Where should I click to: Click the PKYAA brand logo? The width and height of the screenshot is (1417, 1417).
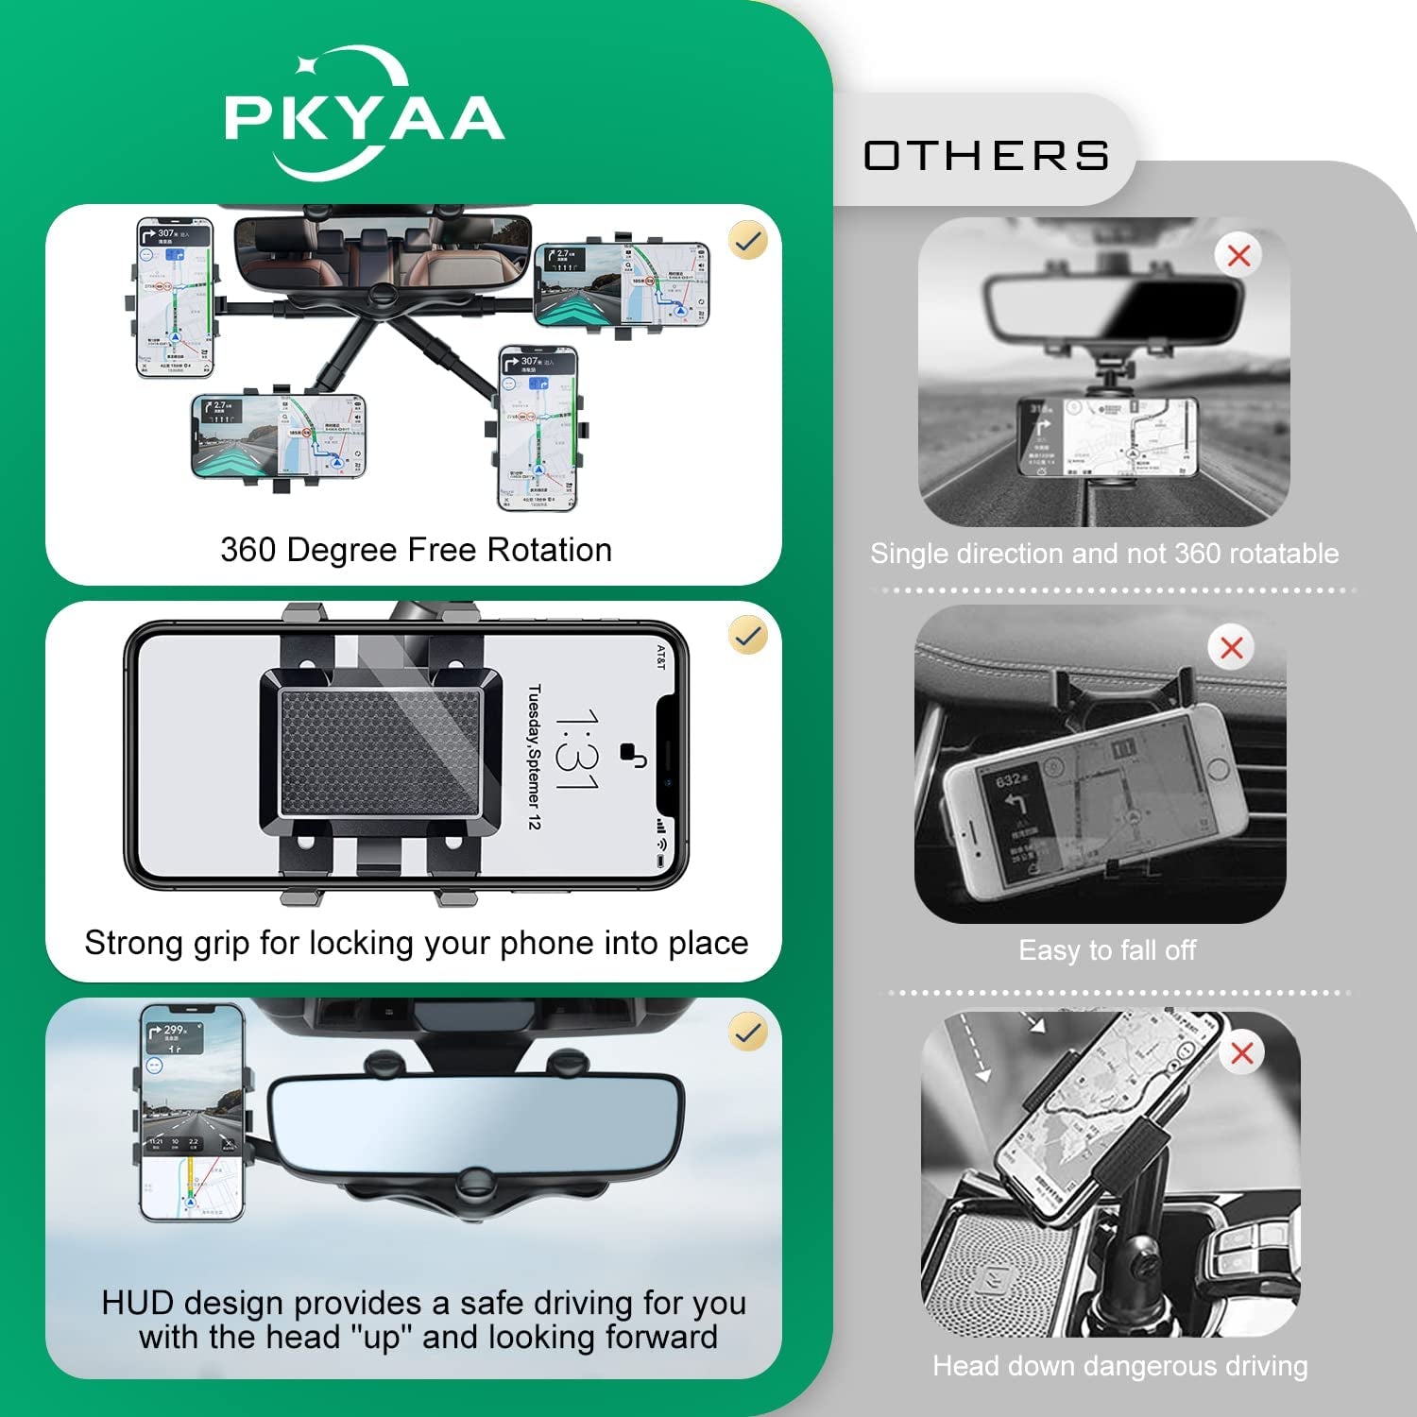pos(364,115)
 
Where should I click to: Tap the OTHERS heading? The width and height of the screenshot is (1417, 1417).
pos(986,156)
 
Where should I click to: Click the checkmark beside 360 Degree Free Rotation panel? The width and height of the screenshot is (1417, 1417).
pos(747,241)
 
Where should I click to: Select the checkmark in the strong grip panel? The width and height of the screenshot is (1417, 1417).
pos(747,636)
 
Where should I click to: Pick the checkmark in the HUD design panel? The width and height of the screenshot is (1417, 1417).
pos(747,1033)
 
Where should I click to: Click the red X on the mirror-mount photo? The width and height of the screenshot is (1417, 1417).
pos(1238,255)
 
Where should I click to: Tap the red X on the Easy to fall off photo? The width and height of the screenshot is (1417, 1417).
pos(1231,648)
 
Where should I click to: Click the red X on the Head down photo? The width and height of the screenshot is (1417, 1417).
pos(1241,1052)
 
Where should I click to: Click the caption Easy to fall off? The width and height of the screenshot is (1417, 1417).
pos(1106,950)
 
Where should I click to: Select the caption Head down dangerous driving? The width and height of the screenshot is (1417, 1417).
pos(1119,1366)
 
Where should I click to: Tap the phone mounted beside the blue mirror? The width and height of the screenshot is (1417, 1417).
pos(193,1112)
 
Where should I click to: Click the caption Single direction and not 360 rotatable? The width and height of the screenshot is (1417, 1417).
pos(1103,554)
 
